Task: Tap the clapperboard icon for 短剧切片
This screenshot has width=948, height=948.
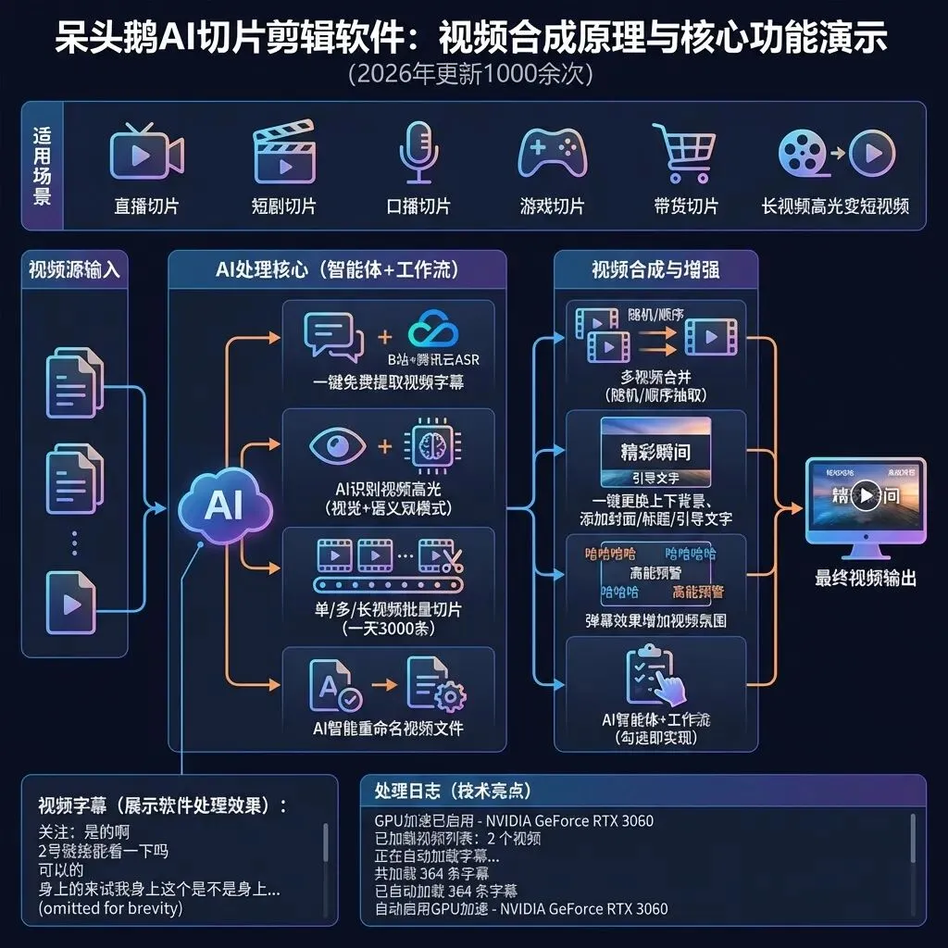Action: pos(284,154)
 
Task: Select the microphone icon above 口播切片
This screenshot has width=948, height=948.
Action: pos(418,153)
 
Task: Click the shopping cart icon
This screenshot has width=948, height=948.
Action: pos(685,153)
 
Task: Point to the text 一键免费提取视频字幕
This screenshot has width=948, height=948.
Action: pos(388,382)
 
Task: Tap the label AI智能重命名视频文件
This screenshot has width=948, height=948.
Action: pos(388,728)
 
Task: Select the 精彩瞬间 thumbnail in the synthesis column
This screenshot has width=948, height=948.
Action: pos(655,451)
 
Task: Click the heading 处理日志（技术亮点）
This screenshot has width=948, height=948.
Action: pos(453,791)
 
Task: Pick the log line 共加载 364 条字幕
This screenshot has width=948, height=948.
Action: pos(431,873)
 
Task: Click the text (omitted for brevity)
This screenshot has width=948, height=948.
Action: pos(110,908)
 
